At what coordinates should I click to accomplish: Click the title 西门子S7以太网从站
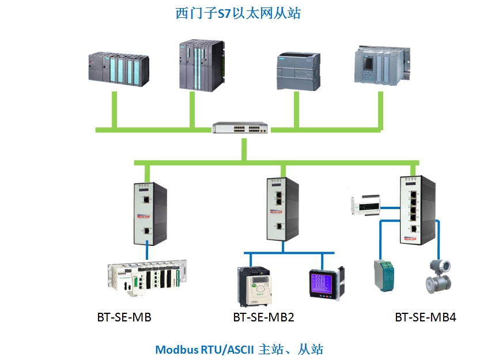(238, 13)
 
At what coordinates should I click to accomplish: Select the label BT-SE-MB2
(263, 317)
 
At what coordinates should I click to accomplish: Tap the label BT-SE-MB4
(426, 317)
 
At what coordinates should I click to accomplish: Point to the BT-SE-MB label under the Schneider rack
(124, 317)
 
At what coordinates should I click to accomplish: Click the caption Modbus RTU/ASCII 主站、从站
(239, 349)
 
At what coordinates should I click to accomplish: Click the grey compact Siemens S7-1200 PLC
(298, 71)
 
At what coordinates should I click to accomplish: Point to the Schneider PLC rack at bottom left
(148, 279)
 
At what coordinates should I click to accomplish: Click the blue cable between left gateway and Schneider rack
(148, 253)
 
